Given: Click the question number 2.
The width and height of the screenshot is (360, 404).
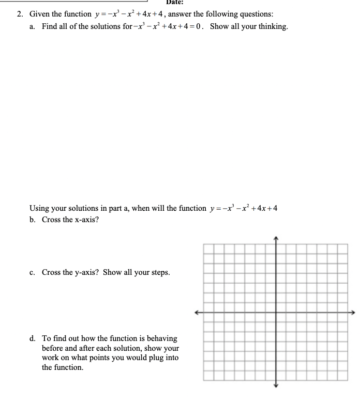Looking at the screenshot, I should click(x=20, y=14).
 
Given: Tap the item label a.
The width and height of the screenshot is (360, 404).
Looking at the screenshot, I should click(x=33, y=26).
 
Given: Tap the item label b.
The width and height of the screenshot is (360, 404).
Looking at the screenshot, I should click(x=33, y=220).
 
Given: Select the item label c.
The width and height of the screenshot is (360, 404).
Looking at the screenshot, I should click(x=33, y=272).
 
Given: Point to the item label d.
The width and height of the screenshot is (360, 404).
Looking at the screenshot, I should click(x=33, y=339).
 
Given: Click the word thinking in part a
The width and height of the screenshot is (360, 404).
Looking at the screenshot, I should click(x=269, y=26).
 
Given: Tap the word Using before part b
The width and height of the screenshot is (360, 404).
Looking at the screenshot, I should click(x=39, y=208).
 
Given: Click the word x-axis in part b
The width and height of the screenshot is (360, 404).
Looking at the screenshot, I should click(x=84, y=220).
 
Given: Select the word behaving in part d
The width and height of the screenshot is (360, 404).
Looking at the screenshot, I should click(x=160, y=339).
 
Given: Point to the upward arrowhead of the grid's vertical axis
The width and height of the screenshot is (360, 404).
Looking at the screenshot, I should click(x=275, y=238).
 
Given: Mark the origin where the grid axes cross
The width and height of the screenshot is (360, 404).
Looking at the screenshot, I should click(x=275, y=312).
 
